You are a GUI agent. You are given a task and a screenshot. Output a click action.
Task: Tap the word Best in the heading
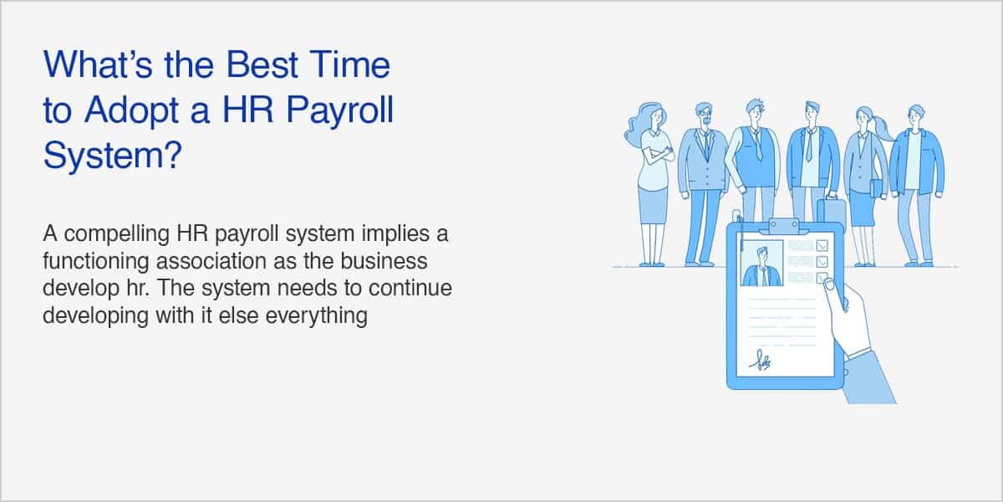(262, 64)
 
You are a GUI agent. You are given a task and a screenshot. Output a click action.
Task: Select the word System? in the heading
(113, 155)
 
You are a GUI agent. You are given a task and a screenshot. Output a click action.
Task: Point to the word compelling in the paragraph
(117, 234)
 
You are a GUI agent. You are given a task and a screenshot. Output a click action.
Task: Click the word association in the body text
(211, 261)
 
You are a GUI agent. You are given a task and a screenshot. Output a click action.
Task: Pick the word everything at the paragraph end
(317, 315)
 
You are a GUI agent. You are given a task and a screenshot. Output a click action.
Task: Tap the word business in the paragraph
(384, 261)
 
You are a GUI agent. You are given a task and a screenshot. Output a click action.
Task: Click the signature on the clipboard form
(761, 361)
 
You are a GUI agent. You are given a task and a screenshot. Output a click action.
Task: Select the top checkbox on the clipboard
(822, 246)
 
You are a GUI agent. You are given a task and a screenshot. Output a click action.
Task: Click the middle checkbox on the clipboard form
(822, 262)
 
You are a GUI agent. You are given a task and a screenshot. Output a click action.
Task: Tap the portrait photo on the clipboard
(762, 263)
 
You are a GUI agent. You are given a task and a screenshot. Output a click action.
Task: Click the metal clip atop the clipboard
(784, 226)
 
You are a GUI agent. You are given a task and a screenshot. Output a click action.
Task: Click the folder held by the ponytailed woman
(877, 189)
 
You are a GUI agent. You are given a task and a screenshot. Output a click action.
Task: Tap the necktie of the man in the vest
(756, 143)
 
